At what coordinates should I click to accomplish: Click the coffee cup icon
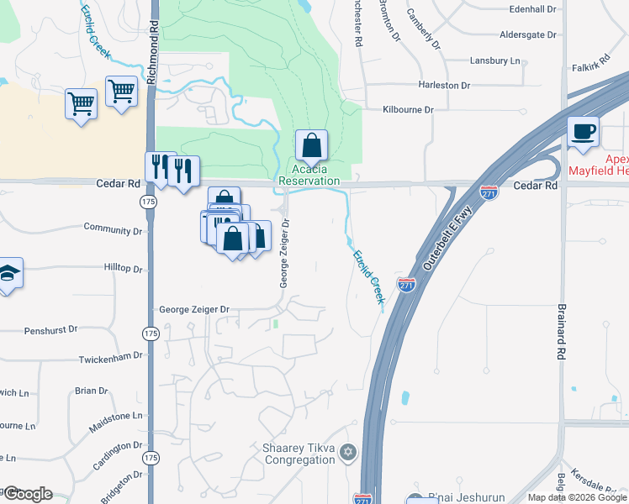pyautogui.click(x=583, y=132)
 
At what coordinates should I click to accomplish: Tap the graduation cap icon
pyautogui.click(x=8, y=273)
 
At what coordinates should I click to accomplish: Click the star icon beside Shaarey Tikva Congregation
pyautogui.click(x=348, y=454)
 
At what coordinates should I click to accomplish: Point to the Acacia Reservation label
pyautogui.click(x=309, y=176)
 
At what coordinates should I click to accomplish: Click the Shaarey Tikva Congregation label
pyautogui.click(x=299, y=454)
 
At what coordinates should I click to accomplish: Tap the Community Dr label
pyautogui.click(x=114, y=229)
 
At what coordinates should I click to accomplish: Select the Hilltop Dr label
pyautogui.click(x=123, y=269)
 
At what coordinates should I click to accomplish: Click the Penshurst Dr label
pyautogui.click(x=50, y=330)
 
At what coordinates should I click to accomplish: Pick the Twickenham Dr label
pyautogui.click(x=110, y=357)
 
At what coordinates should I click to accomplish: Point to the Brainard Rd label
pyautogui.click(x=561, y=329)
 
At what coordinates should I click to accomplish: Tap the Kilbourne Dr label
pyautogui.click(x=408, y=110)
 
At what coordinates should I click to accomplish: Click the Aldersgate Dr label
pyautogui.click(x=529, y=34)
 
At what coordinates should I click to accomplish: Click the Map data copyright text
pyautogui.click(x=577, y=497)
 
